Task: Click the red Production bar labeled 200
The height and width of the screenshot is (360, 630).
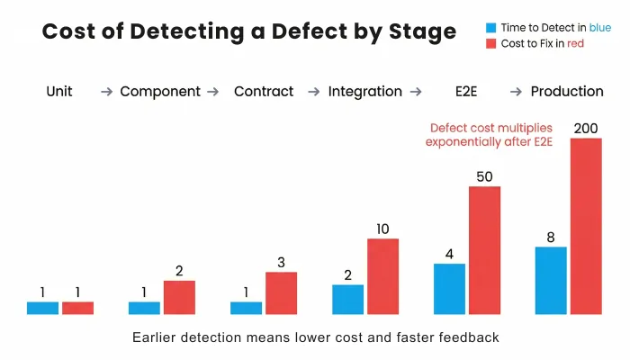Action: click(586, 226)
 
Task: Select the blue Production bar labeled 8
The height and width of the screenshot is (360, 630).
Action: click(551, 281)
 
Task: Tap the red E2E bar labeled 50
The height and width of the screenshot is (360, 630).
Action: click(484, 250)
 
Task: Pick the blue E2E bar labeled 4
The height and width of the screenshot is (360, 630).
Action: click(449, 289)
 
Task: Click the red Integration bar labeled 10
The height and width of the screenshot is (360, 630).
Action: click(382, 276)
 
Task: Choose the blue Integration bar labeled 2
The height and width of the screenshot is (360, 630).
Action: click(347, 300)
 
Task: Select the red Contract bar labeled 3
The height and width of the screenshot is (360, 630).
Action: click(281, 293)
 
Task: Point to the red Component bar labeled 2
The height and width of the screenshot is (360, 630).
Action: click(179, 298)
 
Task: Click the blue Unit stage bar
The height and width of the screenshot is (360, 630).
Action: click(42, 308)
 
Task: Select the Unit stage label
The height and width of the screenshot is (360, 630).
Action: click(59, 91)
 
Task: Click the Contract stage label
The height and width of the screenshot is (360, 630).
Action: click(264, 91)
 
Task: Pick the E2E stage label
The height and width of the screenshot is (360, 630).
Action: click(466, 91)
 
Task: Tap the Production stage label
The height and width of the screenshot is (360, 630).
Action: click(567, 91)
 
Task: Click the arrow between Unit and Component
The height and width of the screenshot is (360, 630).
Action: click(106, 92)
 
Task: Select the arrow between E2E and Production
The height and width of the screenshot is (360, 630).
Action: click(517, 92)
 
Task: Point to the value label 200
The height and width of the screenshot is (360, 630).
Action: click(585, 129)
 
